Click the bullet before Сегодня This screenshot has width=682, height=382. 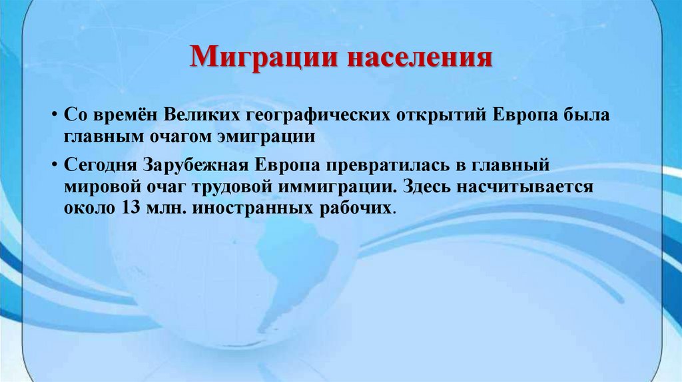[x=51, y=164]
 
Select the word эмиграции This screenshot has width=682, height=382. [x=265, y=136]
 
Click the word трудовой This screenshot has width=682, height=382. [x=222, y=186]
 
